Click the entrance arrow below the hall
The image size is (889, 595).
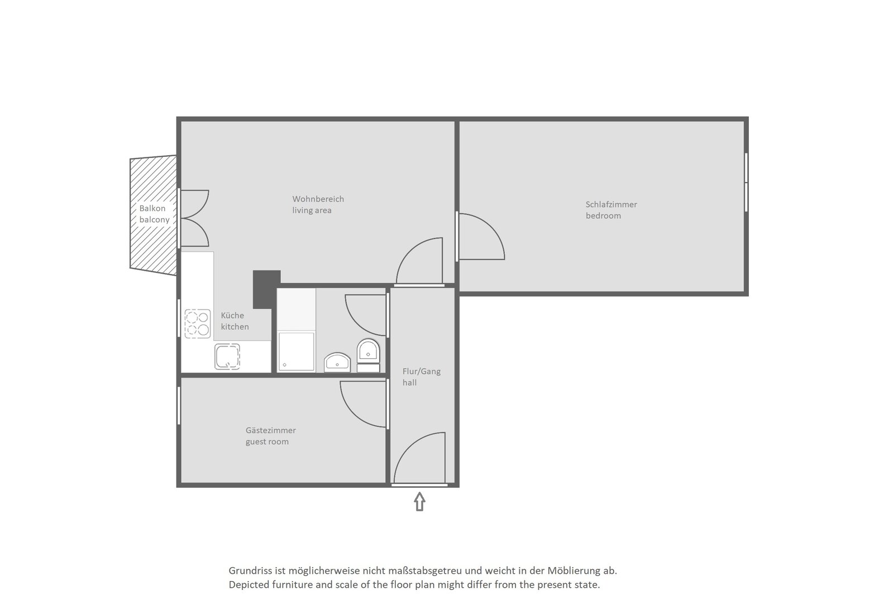pos(419,501)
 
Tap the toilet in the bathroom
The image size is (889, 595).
pos(369,356)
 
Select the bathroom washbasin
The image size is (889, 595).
pos(337,363)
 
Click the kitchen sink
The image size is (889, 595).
pos(227,356)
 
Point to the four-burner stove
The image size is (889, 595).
pos(198,324)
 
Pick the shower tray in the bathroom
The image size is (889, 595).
pos(297,352)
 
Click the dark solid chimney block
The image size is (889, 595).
pos(266,289)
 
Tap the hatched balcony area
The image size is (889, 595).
pos(153,215)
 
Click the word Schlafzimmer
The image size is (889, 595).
pos(611,205)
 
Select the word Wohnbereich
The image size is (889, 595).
pos(318,199)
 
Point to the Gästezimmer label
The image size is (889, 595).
pos(271,430)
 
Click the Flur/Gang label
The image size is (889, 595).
pos(422,372)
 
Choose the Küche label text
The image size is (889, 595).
pos(232,316)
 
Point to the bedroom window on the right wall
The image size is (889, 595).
pos(746,183)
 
